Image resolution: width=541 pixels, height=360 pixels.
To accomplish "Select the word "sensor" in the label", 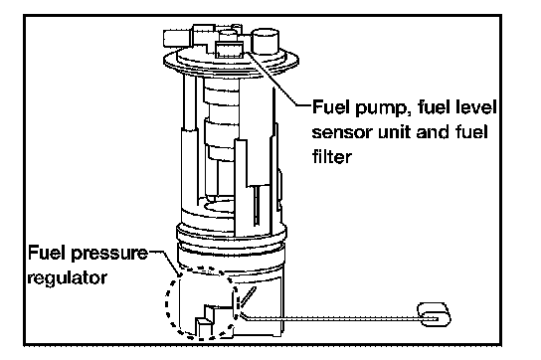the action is pos(342,133).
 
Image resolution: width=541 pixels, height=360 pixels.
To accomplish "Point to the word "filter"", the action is pos(332,156).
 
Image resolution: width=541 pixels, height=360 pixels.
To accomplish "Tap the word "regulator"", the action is pos(67,278).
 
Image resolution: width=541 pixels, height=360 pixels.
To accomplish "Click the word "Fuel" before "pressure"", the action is pos(49,252).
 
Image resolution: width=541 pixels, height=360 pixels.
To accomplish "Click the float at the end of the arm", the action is pos(434,314).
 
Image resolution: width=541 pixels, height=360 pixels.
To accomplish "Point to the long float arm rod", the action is pos(331,318).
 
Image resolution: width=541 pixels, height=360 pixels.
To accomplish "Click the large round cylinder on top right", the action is pos(266,42).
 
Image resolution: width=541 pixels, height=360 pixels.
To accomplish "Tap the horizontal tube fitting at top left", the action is pos(177,39).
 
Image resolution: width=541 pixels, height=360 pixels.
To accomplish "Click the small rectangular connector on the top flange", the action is pos(230,49).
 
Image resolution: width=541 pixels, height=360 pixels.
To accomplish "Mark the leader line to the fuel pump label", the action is pos(276,79).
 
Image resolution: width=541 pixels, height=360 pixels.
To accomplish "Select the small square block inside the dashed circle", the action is pos(204,326).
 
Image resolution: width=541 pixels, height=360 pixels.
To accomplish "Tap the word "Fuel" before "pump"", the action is pos(332,107).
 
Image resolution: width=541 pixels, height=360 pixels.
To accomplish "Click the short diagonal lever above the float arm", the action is pos(248,296).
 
